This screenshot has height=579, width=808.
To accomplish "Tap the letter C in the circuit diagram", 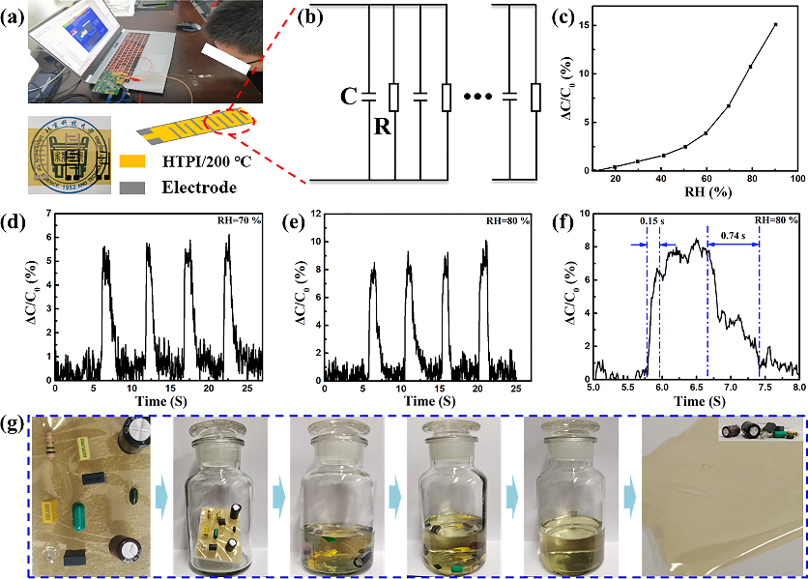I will [x=349, y=96].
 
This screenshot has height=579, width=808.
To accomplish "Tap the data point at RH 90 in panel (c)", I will [x=775, y=25].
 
